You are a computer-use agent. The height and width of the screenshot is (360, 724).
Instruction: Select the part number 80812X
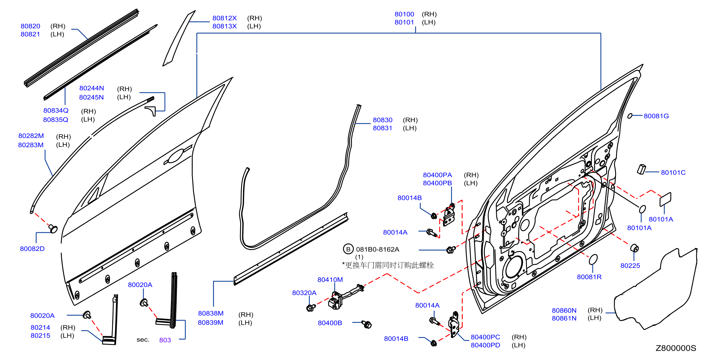[x=224, y=18]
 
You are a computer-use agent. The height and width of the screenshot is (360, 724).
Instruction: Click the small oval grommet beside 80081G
[x=630, y=116]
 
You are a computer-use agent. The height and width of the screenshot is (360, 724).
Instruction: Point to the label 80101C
[x=673, y=172]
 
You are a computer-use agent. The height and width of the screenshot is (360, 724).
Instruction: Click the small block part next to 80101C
[x=641, y=169]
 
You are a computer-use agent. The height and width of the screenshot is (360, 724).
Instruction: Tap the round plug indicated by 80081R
[x=593, y=259]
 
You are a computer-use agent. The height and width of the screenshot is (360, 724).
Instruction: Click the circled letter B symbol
[x=348, y=249]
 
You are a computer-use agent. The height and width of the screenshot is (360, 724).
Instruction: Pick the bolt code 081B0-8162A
[x=377, y=249]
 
